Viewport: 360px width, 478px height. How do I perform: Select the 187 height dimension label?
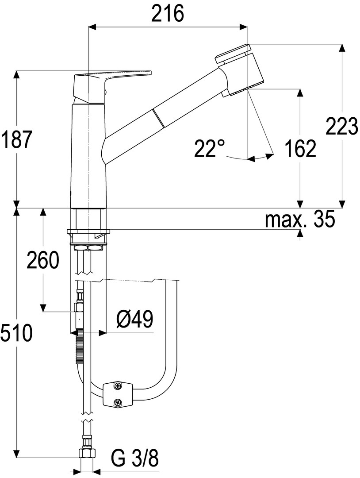coord(17,139)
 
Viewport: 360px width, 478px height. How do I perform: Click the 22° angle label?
coord(210,148)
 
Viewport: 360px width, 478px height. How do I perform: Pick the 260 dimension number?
coord(42,260)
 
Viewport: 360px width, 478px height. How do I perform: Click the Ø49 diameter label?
coord(134,319)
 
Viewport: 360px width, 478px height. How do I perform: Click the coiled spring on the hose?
coord(80,347)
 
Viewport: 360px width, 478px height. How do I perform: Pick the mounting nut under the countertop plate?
coord(88,247)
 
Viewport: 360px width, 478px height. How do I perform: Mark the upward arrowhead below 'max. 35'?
coord(301,233)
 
